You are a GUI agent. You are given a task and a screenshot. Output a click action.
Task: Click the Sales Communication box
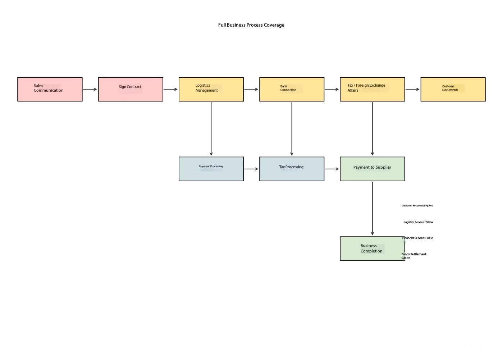[50, 90]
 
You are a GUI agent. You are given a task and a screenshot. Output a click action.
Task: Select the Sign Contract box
[131, 90]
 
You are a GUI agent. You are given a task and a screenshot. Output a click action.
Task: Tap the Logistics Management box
[211, 90]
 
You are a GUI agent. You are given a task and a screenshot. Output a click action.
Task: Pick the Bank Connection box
[292, 90]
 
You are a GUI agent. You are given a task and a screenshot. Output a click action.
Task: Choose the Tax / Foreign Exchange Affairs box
[372, 90]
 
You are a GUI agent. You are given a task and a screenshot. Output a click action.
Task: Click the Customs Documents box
[453, 90]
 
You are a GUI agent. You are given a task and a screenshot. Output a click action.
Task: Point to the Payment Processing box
[211, 169]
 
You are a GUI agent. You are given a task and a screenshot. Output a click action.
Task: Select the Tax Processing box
[292, 169]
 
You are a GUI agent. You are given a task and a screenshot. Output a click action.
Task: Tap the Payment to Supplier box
[372, 169]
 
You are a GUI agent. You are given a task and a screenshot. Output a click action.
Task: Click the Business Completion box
[372, 249]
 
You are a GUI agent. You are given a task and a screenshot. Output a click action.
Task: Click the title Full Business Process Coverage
[251, 25]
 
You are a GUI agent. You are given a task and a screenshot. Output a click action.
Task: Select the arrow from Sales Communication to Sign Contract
[90, 90]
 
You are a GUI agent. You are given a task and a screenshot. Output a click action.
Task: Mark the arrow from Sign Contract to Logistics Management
[171, 90]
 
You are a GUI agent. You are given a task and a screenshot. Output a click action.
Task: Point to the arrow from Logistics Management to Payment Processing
[211, 129]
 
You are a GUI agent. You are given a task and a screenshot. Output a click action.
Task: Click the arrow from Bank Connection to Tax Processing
[292, 129]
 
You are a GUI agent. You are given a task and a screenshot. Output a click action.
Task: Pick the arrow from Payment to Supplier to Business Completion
[372, 209]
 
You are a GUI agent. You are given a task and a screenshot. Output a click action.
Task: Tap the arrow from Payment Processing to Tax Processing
[251, 169]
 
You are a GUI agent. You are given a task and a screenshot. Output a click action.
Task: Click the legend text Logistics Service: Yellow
[419, 222]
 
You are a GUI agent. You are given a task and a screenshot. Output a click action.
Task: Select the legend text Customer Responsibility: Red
[417, 205]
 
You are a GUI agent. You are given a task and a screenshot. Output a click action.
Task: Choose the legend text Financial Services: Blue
[418, 238]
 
